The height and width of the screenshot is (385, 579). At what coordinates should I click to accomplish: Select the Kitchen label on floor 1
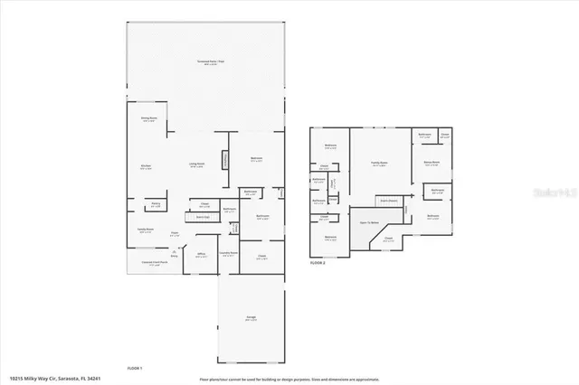coord(145,166)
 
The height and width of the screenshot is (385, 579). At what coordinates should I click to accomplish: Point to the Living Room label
coord(196,164)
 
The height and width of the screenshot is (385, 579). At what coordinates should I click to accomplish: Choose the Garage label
coord(251,317)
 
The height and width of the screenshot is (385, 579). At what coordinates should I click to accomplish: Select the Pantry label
coord(156,206)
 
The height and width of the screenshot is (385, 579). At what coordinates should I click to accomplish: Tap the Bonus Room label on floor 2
coord(431,164)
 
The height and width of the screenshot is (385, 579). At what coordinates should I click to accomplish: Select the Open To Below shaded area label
coord(369,222)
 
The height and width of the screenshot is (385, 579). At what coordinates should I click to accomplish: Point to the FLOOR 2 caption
coord(317,263)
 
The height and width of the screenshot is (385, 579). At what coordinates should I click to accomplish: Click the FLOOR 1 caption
coord(134,368)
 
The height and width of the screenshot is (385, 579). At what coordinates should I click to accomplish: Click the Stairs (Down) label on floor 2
coord(389,200)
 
